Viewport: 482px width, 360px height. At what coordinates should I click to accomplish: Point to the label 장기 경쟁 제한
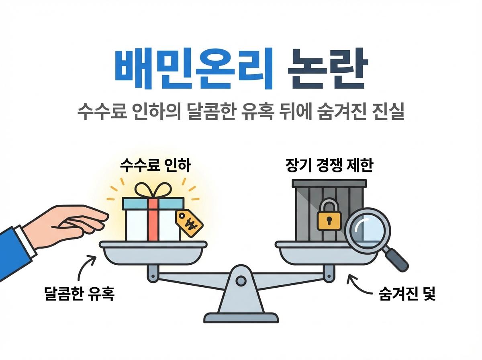(x=329, y=166)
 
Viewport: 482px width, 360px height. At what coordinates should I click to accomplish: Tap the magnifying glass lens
(x=368, y=230)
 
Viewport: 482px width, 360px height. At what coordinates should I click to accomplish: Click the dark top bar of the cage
(x=329, y=183)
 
